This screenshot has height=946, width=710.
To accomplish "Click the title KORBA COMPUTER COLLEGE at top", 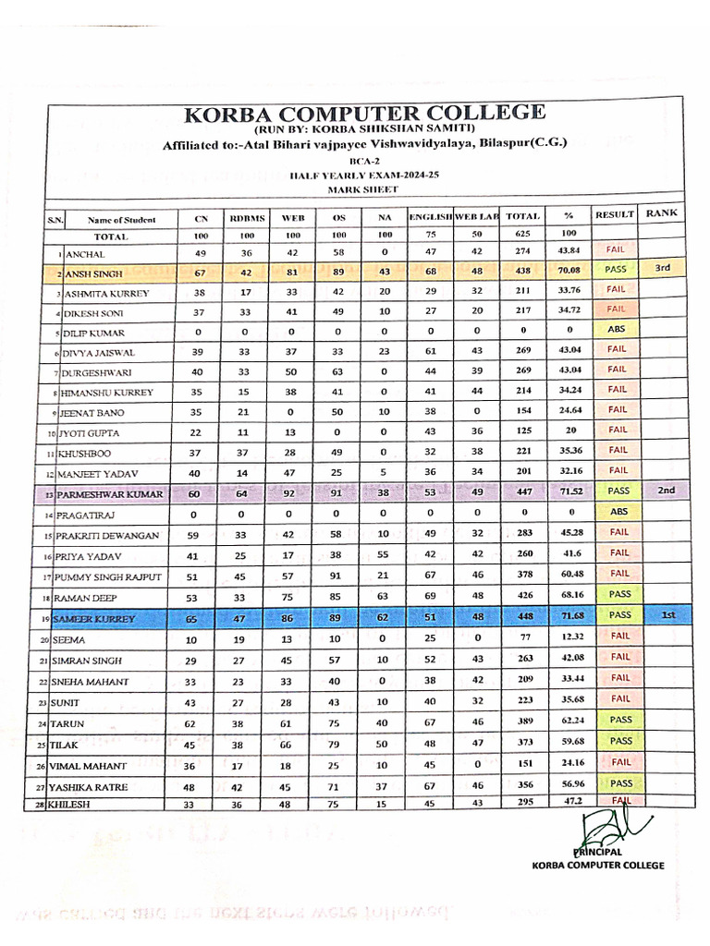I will (x=364, y=115).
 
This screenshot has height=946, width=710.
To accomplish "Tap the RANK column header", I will (x=662, y=213).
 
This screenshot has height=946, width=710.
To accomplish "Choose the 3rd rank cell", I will (x=662, y=269).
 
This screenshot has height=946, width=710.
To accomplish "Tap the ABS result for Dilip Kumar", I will (x=617, y=329).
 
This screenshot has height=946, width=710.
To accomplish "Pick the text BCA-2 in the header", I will (x=364, y=160).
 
